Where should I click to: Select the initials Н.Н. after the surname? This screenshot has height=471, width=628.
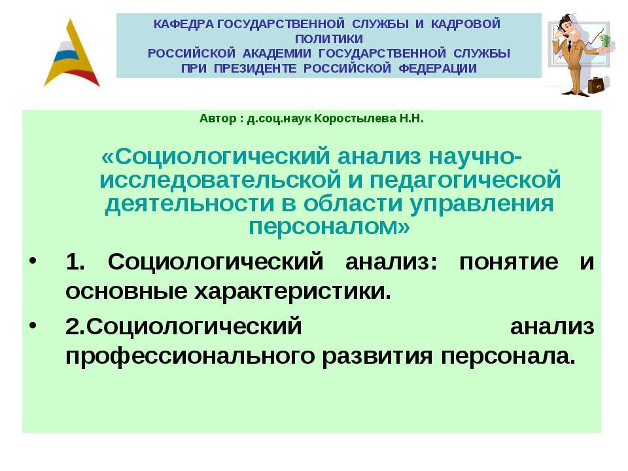pos(411,119)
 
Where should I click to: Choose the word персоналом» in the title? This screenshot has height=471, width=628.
pos(330,226)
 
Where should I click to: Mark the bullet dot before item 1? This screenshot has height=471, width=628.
pos(33,263)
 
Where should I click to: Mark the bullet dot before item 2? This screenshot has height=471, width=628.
pos(33,326)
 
